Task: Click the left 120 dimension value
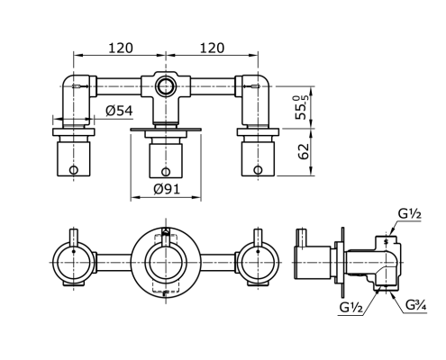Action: [120, 48]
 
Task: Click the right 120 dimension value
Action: [212, 48]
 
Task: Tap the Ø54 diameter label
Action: [119, 111]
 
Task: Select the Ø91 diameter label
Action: [167, 189]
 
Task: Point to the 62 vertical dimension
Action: [304, 151]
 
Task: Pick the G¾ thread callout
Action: [416, 305]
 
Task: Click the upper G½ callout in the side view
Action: [410, 214]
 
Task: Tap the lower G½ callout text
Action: [351, 308]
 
